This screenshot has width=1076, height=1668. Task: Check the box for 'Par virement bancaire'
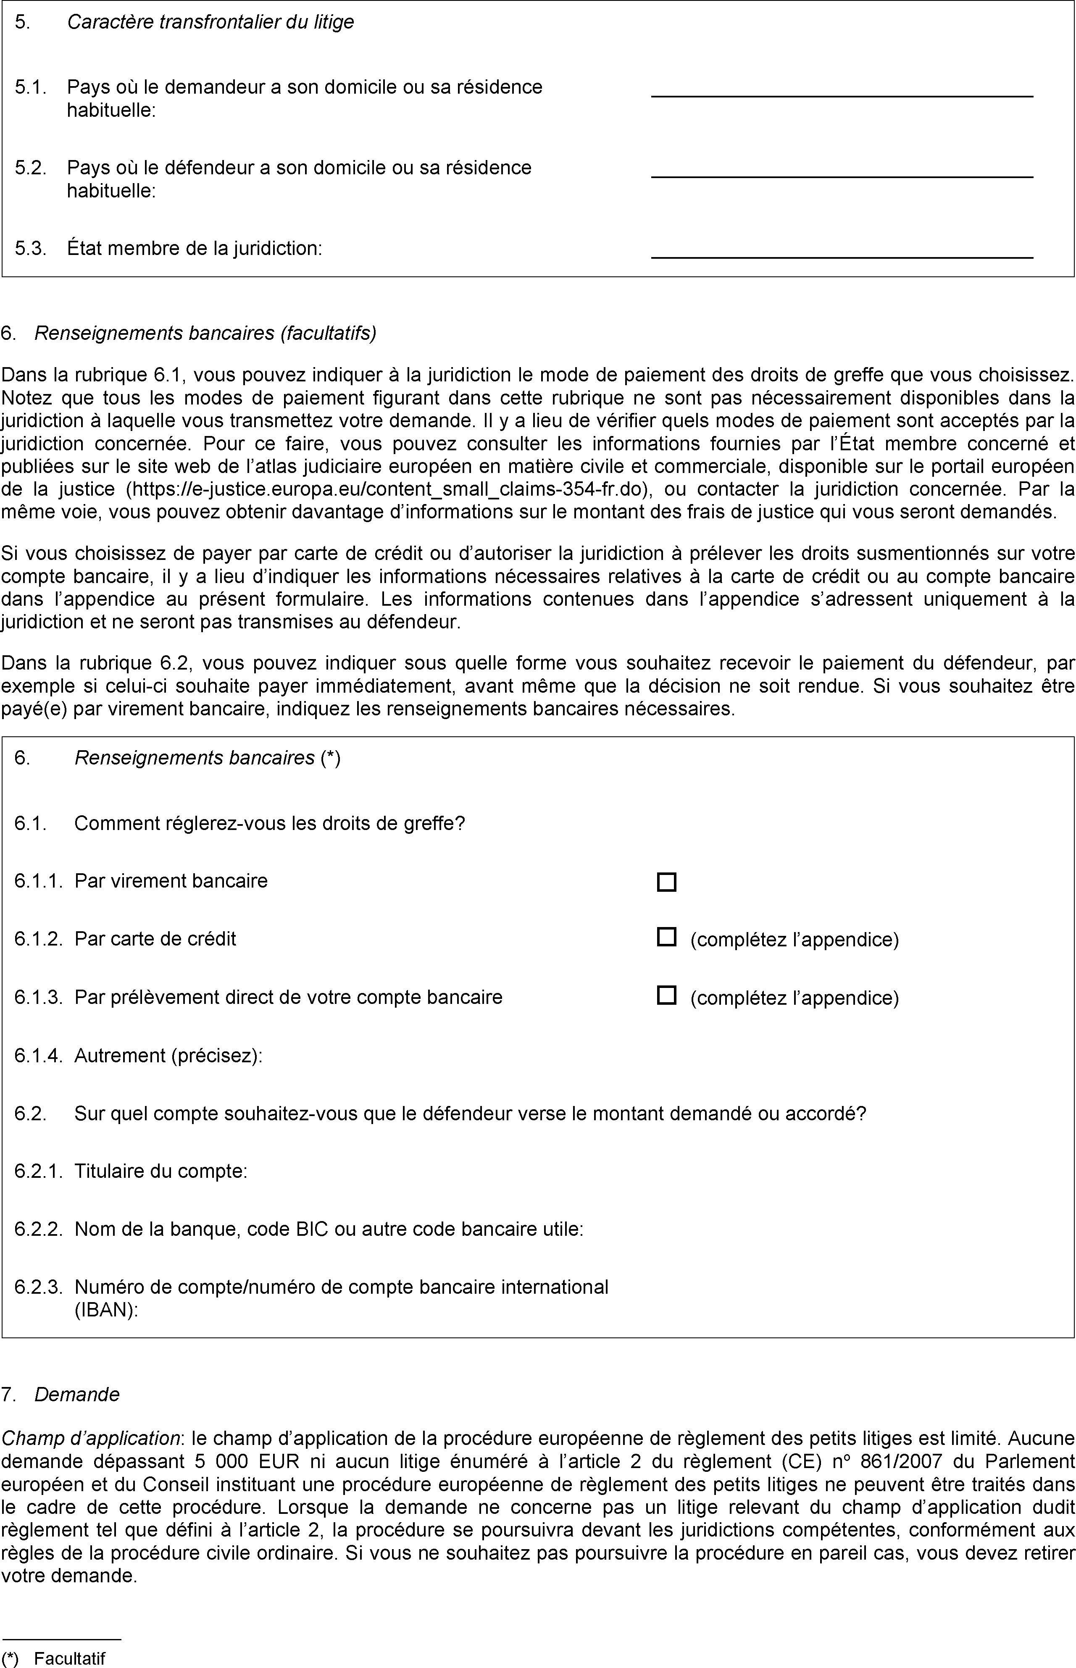(x=666, y=882)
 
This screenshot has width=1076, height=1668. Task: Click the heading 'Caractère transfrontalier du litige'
(x=210, y=22)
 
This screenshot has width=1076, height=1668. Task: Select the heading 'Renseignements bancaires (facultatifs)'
(x=205, y=333)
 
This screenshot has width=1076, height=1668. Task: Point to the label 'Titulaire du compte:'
(x=160, y=1171)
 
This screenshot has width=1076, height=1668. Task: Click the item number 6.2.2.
(x=38, y=1229)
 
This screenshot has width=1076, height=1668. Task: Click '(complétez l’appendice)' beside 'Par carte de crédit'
(x=795, y=940)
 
